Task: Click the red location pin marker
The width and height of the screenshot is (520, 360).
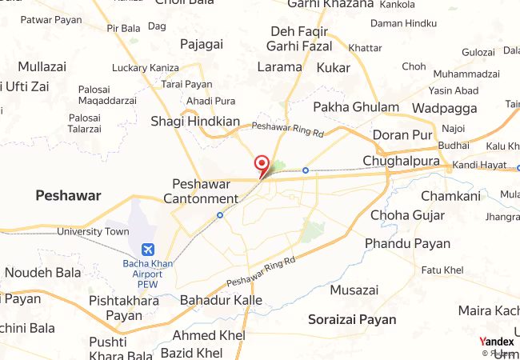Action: pyautogui.click(x=261, y=164)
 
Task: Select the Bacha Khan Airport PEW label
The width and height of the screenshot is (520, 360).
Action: pyautogui.click(x=147, y=273)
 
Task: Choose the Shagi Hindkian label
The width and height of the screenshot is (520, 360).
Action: pyautogui.click(x=195, y=122)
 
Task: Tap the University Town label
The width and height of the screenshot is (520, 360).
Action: pyautogui.click(x=93, y=232)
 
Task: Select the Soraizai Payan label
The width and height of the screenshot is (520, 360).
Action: pyautogui.click(x=352, y=319)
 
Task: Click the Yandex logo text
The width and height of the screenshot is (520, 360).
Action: pyautogui.click(x=496, y=342)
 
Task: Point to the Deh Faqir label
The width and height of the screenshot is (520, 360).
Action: pyautogui.click(x=299, y=31)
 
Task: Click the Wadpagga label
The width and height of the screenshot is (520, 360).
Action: pyautogui.click(x=445, y=107)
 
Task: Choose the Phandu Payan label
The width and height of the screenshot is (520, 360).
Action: pyautogui.click(x=407, y=243)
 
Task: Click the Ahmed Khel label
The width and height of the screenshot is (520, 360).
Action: pyautogui.click(x=195, y=335)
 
